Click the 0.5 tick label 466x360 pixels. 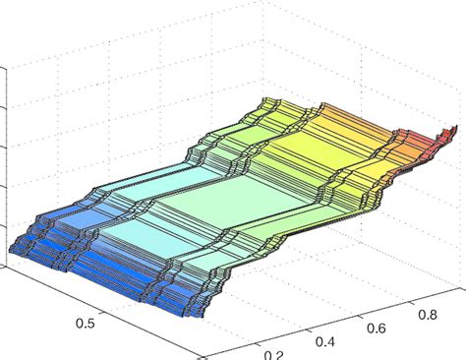tap(87, 323)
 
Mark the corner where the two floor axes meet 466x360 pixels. tap(202, 355)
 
